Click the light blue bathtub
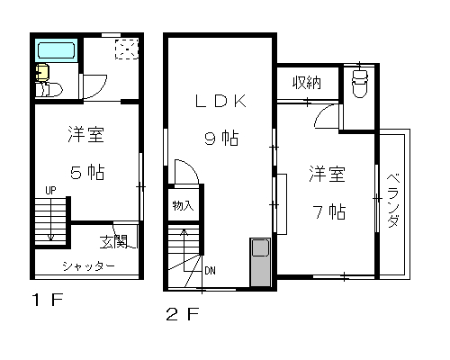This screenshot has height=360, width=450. (57, 50)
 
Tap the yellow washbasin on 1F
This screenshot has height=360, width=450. (41, 72)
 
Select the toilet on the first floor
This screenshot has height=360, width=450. (49, 89)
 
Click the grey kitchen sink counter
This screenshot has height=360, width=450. (260, 262)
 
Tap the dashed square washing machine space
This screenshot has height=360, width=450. (127, 49)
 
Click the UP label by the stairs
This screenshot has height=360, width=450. (50, 191)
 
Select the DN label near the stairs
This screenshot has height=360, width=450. (210, 271)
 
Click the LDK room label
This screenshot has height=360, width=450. (220, 101)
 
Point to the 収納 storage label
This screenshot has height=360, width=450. (307, 83)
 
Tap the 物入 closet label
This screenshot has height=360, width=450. (183, 206)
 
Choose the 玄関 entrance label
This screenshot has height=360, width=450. (114, 241)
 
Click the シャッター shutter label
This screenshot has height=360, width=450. (89, 266)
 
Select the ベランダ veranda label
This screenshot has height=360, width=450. (393, 201)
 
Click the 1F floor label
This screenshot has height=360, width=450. (48, 300)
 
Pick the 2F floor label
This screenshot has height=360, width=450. (183, 314)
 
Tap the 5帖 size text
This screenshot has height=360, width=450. (87, 173)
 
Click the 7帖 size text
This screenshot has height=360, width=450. (329, 211)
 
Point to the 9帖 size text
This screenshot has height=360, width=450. (221, 139)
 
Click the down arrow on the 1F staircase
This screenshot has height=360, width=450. (50, 219)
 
